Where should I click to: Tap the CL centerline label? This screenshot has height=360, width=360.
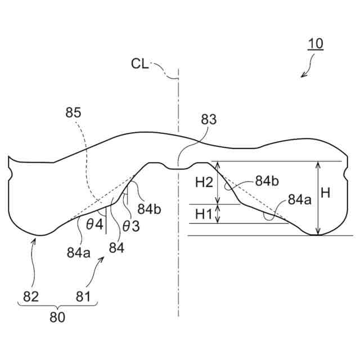coord(140,63)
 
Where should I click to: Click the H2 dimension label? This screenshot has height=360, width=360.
coord(204,182)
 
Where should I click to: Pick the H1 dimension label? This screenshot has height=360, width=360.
coord(204,214)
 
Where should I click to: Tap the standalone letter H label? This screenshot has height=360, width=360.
coord(325,193)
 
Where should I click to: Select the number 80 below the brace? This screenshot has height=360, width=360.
coord(57,317)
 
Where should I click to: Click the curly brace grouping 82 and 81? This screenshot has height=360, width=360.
coord(58,305)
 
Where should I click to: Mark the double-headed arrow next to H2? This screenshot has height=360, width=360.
coord(218,183)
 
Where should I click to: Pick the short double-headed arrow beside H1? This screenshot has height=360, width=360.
coord(218,214)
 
